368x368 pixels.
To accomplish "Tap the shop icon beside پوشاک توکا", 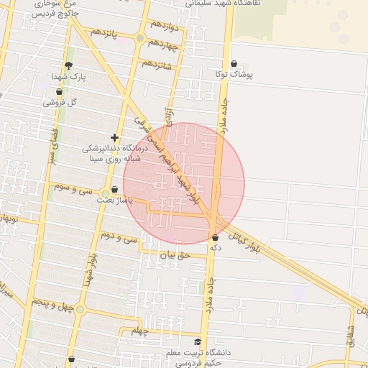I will [x=234, y=63].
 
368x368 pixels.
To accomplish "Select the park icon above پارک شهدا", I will [x=68, y=65].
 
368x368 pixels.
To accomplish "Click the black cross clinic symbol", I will [x=114, y=137].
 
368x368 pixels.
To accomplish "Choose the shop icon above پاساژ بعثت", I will [x=115, y=189].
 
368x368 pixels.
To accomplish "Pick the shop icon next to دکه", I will [x=215, y=237].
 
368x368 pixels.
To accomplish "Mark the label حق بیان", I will [x=173, y=254].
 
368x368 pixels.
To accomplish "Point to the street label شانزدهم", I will [x=157, y=64].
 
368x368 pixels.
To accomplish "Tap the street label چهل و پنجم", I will [x=54, y=305].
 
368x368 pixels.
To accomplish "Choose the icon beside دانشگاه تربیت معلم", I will [x=198, y=342].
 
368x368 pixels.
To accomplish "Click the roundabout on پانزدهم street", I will [x=139, y=38].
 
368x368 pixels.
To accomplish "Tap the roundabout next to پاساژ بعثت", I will [x=106, y=193].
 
